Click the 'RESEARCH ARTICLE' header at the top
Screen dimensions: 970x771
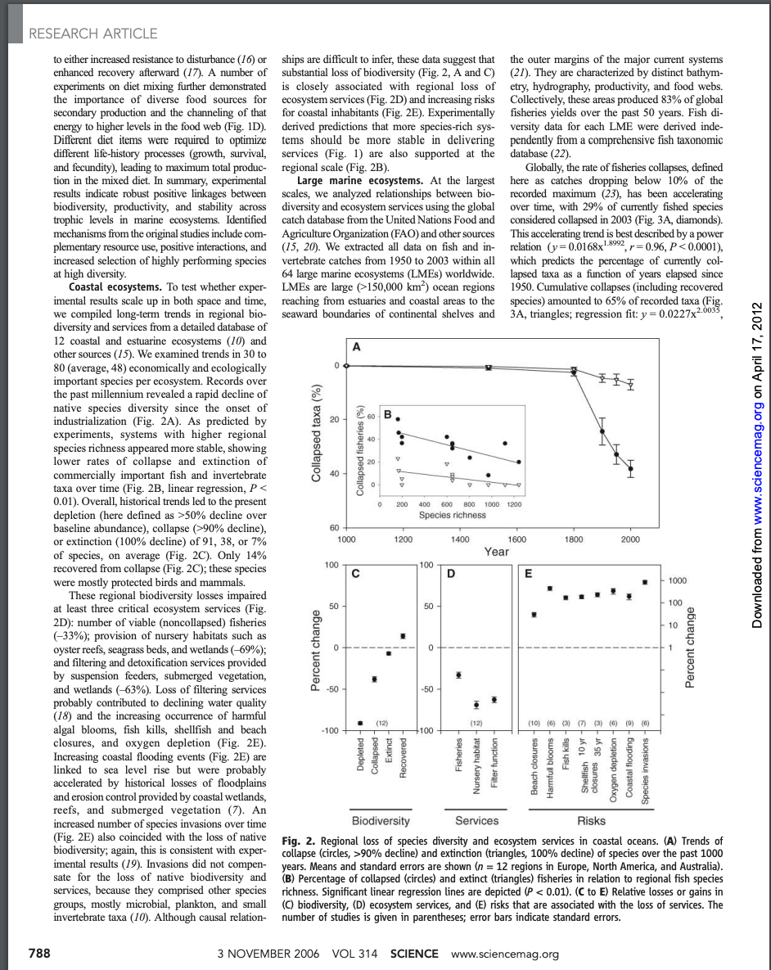[x=92, y=34]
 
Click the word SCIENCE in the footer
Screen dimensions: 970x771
[x=414, y=954]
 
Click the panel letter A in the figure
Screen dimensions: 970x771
[x=355, y=347]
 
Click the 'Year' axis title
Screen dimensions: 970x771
[x=496, y=553]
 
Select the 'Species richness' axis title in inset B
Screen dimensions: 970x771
[x=453, y=515]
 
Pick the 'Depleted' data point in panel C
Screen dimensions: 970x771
[x=361, y=723]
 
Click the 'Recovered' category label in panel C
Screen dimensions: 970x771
[x=403, y=768]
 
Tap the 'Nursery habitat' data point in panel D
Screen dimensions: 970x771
[x=476, y=705]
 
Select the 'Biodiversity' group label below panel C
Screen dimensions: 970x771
[x=381, y=820]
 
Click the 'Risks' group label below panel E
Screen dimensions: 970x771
[x=590, y=820]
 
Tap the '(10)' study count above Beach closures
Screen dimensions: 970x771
[x=534, y=724]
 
